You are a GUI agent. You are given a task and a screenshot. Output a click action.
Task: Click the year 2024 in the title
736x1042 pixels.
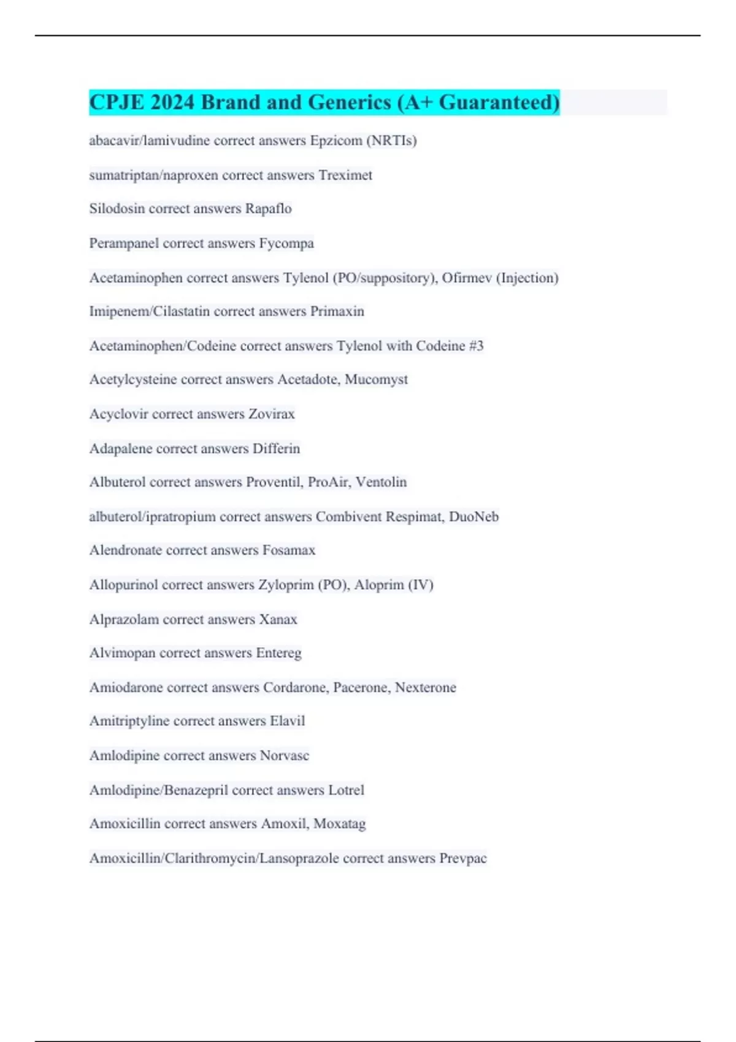(172, 102)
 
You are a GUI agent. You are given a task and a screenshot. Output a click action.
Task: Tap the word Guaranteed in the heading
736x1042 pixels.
(499, 102)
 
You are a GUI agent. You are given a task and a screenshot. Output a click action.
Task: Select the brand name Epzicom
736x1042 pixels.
(336, 141)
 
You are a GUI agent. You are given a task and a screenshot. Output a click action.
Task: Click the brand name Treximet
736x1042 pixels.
(345, 175)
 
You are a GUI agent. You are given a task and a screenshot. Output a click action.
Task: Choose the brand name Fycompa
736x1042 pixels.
(286, 243)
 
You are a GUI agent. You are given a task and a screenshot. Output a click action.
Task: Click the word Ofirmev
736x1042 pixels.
(467, 278)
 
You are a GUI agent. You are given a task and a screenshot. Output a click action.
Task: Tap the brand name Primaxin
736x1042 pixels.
(337, 311)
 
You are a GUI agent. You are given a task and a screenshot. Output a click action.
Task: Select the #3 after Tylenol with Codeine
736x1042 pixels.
(476, 346)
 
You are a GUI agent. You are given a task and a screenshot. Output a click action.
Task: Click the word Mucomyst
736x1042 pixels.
(376, 380)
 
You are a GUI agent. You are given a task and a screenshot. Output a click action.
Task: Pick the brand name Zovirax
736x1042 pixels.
(271, 414)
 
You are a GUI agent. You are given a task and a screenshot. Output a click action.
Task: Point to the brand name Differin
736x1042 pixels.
(276, 449)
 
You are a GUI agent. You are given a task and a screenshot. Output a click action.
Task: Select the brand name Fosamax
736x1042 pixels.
(288, 550)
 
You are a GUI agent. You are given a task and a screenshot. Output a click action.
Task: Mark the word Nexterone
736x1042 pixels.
(425, 688)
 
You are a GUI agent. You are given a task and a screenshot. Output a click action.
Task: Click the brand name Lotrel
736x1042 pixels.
(346, 790)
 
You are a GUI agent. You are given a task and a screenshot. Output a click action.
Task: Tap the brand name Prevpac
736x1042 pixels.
(462, 858)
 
